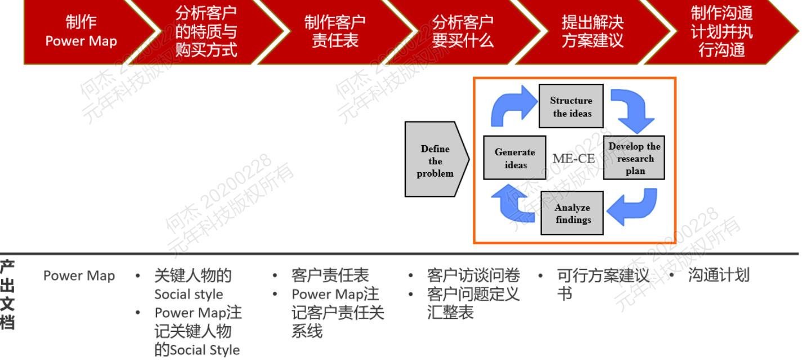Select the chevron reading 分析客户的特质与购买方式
pyautogui.click(x=206, y=32)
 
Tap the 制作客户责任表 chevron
pyautogui.click(x=335, y=32)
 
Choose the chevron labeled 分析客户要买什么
pyautogui.click(x=463, y=32)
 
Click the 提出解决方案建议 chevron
pyautogui.click(x=593, y=32)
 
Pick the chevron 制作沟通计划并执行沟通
pyautogui.click(x=722, y=32)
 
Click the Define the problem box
pyautogui.click(x=437, y=159)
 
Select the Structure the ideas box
pyautogui.click(x=571, y=106)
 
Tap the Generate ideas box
pyautogui.click(x=515, y=157)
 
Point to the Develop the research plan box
pyautogui.click(x=634, y=157)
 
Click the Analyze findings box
pyautogui.click(x=572, y=213)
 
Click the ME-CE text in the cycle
pyautogui.click(x=574, y=158)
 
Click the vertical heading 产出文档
pyautogui.click(x=7, y=295)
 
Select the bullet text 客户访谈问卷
pyautogui.click(x=473, y=275)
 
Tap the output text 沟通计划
pyautogui.click(x=719, y=275)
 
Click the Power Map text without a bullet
pyautogui.click(x=79, y=276)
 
